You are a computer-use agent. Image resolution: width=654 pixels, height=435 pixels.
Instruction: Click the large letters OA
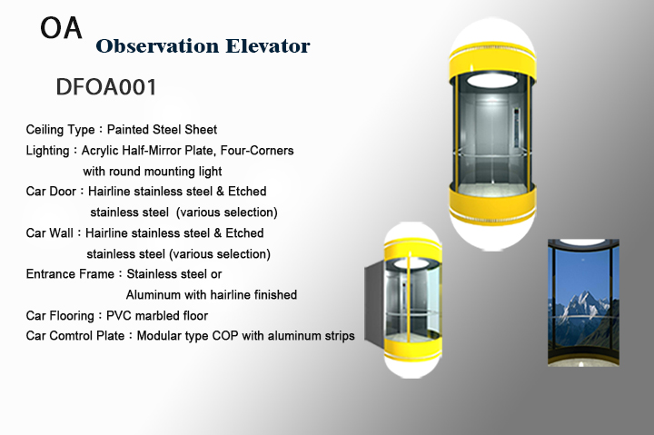(x=61, y=28)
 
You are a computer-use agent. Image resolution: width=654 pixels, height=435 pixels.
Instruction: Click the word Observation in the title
(x=157, y=46)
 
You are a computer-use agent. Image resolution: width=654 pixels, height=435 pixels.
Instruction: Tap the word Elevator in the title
(x=268, y=46)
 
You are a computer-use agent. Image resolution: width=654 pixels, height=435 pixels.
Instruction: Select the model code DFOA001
(x=106, y=87)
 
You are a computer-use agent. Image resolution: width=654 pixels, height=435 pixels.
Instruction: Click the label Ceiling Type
(x=61, y=130)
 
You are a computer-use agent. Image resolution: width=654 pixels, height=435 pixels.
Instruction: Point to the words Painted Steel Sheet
(x=162, y=129)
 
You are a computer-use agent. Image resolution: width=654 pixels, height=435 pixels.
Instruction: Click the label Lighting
(x=47, y=150)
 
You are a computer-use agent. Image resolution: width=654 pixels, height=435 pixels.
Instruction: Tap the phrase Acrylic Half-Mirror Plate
(x=148, y=150)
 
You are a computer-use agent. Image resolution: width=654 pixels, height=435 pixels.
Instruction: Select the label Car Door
(x=51, y=191)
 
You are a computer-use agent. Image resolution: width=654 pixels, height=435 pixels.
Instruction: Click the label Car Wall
(x=49, y=232)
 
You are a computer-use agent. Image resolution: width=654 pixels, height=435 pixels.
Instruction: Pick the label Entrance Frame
(x=70, y=274)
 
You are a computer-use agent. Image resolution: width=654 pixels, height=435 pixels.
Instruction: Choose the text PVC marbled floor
(x=157, y=316)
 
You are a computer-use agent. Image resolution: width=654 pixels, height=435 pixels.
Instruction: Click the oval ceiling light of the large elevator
(x=491, y=80)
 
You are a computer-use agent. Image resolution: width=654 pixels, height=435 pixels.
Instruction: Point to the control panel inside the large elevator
(x=516, y=128)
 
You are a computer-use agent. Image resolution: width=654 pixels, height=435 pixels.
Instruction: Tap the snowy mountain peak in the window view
(x=581, y=302)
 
